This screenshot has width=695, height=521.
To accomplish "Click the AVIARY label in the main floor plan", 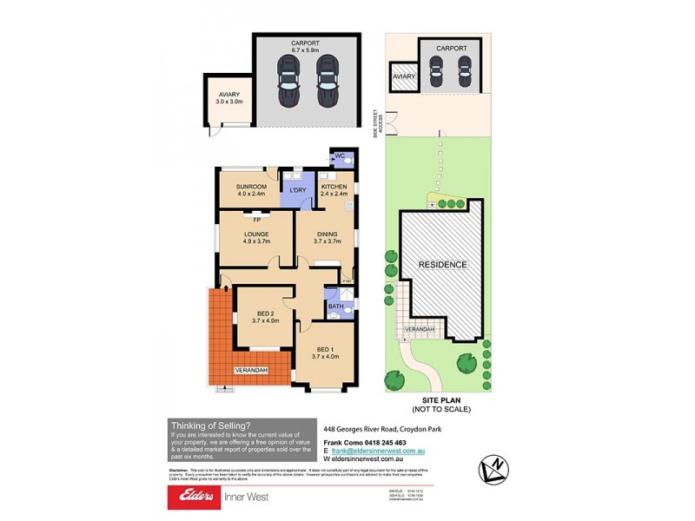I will pyautogui.click(x=229, y=95).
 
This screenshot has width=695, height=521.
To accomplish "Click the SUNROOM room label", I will pyautogui.click(x=250, y=187).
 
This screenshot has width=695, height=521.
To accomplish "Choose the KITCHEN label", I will pyautogui.click(x=334, y=187).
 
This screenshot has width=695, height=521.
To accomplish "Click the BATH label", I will pyautogui.click(x=335, y=307).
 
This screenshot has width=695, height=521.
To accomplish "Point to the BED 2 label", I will pyautogui.click(x=266, y=313).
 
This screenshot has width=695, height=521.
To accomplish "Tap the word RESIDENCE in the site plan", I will pyautogui.click(x=443, y=265).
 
